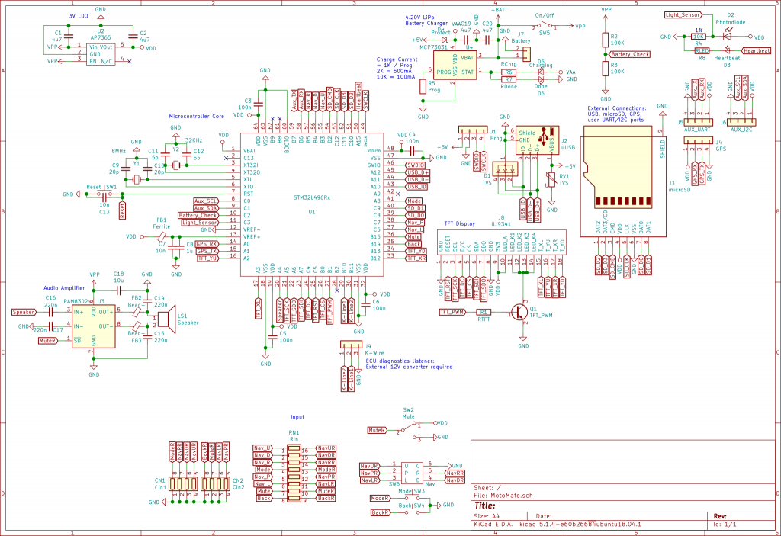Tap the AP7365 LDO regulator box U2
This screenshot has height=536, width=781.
[101, 53]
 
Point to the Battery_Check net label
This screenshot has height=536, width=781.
[631, 55]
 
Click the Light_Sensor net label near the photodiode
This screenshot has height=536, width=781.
[683, 14]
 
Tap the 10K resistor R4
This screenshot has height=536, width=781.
[698, 36]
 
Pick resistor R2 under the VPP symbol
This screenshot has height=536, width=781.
[606, 40]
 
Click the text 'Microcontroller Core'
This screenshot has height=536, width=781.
[196, 116]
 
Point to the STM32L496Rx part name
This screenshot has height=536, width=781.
[313, 197]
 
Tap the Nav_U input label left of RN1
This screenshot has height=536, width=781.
[262, 448]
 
